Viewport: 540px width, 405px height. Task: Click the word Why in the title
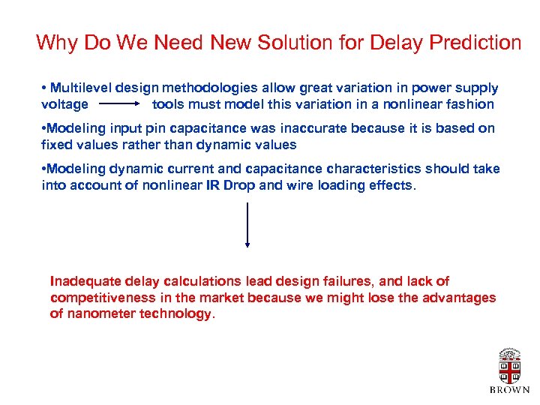pos(54,43)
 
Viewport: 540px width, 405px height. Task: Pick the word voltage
pos(64,104)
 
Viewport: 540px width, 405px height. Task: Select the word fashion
pos(468,104)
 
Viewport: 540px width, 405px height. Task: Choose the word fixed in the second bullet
pos(58,145)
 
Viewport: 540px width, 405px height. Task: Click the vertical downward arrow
pos(247,224)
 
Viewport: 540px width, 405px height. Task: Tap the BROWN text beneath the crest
pos(509,390)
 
